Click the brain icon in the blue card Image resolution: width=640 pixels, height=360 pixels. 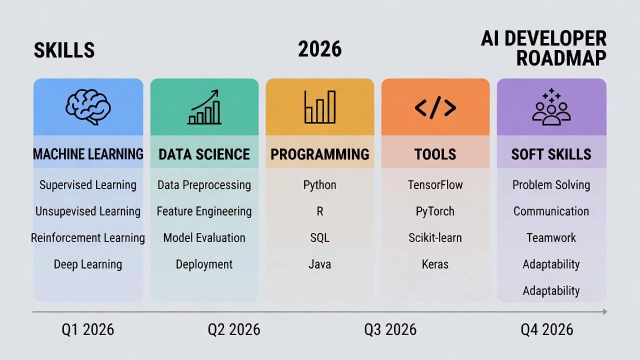tap(88, 107)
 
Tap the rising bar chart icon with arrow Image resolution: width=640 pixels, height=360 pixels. tap(204, 107)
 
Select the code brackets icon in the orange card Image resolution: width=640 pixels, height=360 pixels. tap(435, 107)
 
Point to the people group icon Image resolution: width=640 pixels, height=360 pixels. tap(551, 107)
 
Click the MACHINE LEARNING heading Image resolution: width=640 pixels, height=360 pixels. tap(88, 154)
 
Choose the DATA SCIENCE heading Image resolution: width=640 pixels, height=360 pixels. tap(204, 154)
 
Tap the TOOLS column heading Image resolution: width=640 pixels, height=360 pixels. tap(435, 154)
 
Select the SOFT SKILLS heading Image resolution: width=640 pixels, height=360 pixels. tap(551, 154)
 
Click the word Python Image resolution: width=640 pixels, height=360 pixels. tap(319, 185)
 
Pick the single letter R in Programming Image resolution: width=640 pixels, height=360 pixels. tap(320, 211)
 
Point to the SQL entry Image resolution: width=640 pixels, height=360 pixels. tap(319, 237)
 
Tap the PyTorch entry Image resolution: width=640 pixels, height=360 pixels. tap(435, 211)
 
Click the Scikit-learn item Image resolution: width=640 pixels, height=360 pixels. tap(435, 237)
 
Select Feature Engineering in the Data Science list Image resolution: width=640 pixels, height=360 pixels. tap(204, 211)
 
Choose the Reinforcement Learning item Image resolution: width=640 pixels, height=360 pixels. tap(88, 238)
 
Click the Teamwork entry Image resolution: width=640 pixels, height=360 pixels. tap(551, 237)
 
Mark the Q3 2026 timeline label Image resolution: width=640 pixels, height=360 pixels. tap(390, 329)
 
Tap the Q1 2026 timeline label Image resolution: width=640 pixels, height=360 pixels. tap(88, 329)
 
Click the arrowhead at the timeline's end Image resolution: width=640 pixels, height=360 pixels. tap(605, 311)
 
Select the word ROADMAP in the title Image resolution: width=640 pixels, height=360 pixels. tap(561, 58)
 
